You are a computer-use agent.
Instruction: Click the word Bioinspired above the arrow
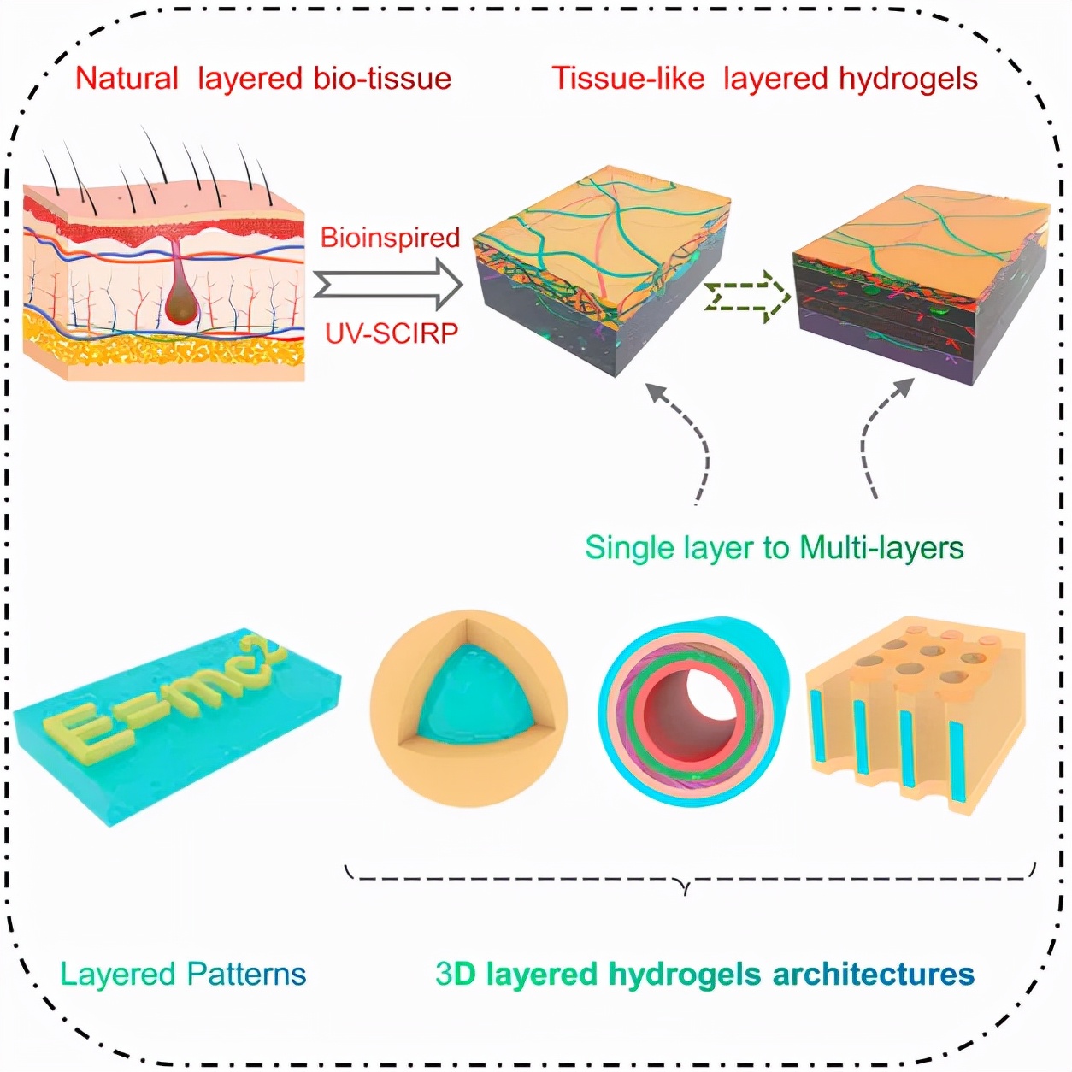(x=390, y=237)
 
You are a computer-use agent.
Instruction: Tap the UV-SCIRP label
(x=391, y=333)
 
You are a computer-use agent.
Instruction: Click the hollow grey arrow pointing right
(x=389, y=284)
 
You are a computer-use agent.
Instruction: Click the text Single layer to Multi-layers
(x=774, y=547)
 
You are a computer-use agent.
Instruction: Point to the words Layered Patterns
(x=183, y=974)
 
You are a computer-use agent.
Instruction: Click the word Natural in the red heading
(x=127, y=79)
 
